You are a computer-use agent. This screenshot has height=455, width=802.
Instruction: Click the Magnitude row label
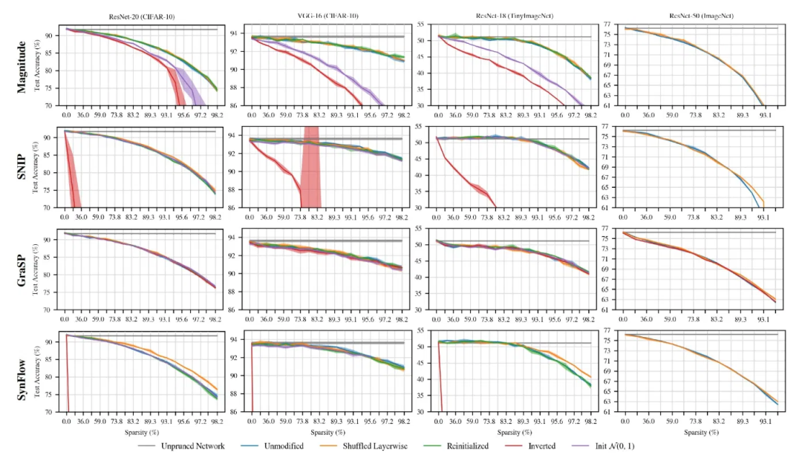click(23, 66)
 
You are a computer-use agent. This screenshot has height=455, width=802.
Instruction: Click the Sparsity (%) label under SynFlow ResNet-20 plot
click(140, 432)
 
